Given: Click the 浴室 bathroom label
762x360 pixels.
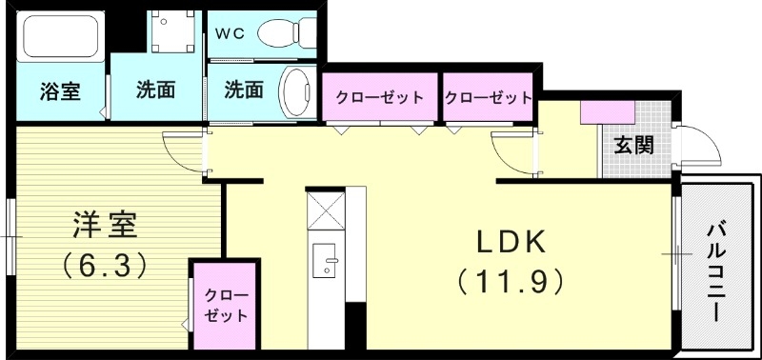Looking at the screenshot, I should point(59,92).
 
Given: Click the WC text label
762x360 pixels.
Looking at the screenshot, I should point(230,33).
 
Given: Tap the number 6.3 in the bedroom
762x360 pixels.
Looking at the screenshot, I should point(105,264).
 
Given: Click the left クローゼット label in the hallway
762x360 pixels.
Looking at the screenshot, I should point(379,97).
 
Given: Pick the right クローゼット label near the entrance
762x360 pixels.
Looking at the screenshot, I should point(488,97).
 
